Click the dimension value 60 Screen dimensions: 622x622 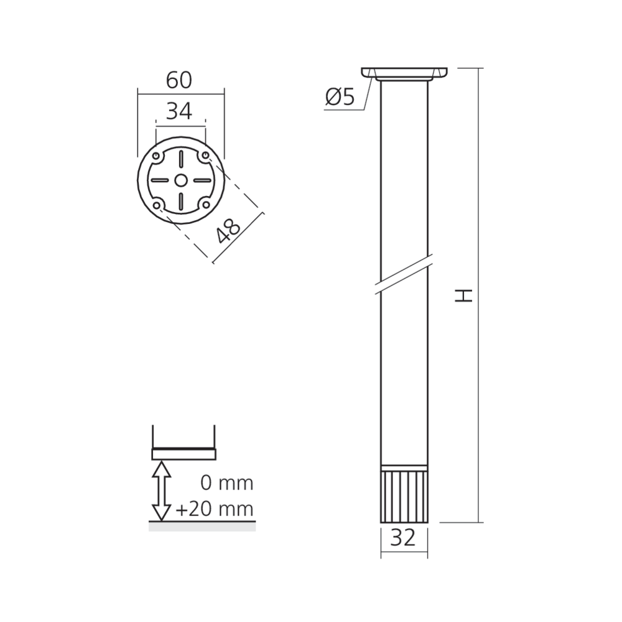[179, 80]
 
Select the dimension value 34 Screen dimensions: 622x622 [179, 111]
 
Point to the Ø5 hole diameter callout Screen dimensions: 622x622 [340, 97]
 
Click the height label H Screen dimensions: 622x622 [463, 295]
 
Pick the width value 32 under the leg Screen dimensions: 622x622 [402, 538]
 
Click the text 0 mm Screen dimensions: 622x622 [227, 483]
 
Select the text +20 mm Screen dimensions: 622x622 [214, 509]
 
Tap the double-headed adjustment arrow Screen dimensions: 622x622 [162, 490]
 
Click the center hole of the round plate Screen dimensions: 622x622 [181, 180]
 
